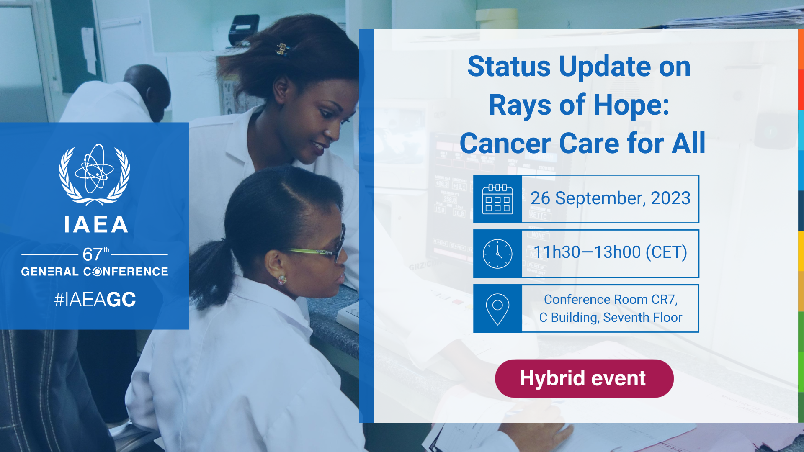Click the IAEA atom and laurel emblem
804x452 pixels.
[x=94, y=175]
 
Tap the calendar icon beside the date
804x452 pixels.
[x=497, y=199]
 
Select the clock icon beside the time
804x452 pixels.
[x=497, y=254]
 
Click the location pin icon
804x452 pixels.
[x=497, y=309]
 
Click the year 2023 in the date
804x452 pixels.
[x=670, y=198]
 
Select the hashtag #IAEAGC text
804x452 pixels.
[x=95, y=299]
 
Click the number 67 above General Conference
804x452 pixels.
[x=92, y=254]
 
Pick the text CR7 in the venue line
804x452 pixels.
[x=664, y=300]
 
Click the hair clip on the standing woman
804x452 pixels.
[x=283, y=49]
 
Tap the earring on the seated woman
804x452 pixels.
[x=282, y=279]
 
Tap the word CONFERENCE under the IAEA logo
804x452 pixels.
[x=126, y=272]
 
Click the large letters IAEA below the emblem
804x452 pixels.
[x=96, y=224]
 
